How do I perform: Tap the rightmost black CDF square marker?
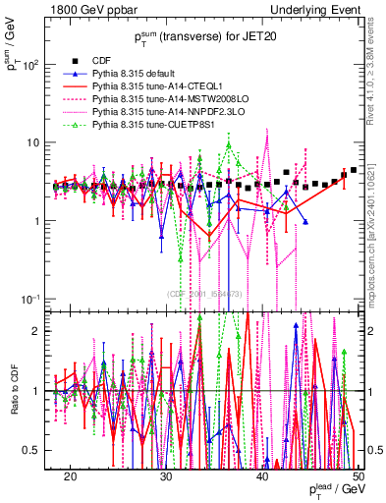[x=354, y=170]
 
